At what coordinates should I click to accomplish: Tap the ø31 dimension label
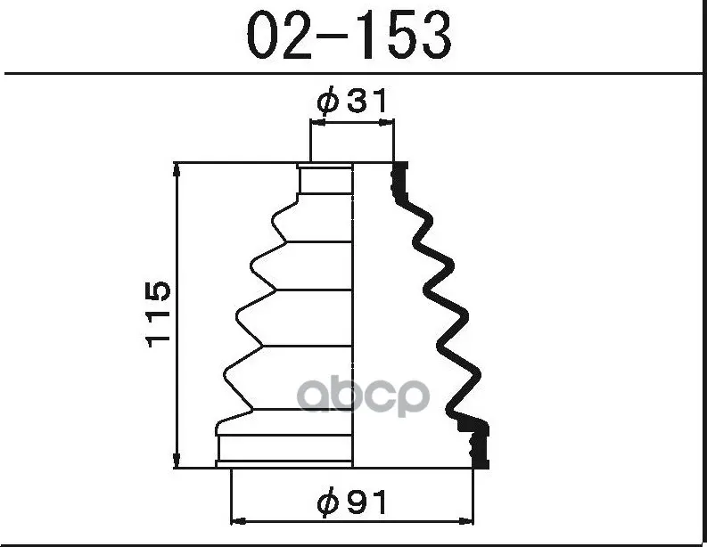tap(351, 101)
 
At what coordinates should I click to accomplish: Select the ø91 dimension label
tap(351, 502)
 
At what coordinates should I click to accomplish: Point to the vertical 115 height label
tap(159, 314)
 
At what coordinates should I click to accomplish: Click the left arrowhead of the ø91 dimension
tap(238, 522)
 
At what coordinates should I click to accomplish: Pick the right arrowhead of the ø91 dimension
tap(466, 522)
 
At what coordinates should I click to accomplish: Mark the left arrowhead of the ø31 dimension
tap(317, 122)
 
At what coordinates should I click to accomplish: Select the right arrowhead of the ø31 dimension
tap(387, 122)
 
